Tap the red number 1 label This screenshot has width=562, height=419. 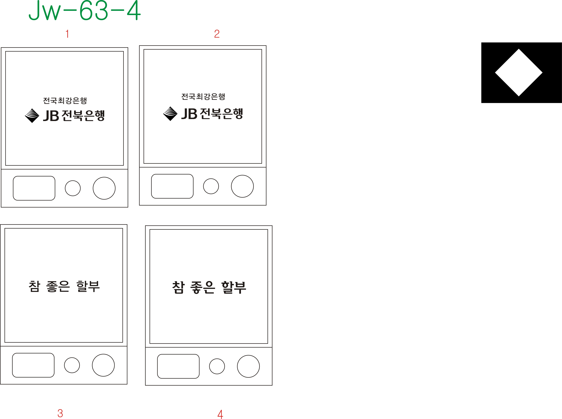click(x=67, y=34)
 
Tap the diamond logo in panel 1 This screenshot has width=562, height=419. click(x=32, y=116)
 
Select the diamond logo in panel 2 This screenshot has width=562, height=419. click(x=170, y=114)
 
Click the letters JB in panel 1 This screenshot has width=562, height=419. click(x=51, y=116)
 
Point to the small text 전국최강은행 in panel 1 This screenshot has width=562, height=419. click(x=65, y=101)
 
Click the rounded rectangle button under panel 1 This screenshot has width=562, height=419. click(x=34, y=188)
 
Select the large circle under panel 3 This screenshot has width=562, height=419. click(x=103, y=365)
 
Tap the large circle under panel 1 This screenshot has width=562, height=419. click(x=104, y=188)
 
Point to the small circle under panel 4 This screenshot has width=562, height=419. click(x=217, y=366)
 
